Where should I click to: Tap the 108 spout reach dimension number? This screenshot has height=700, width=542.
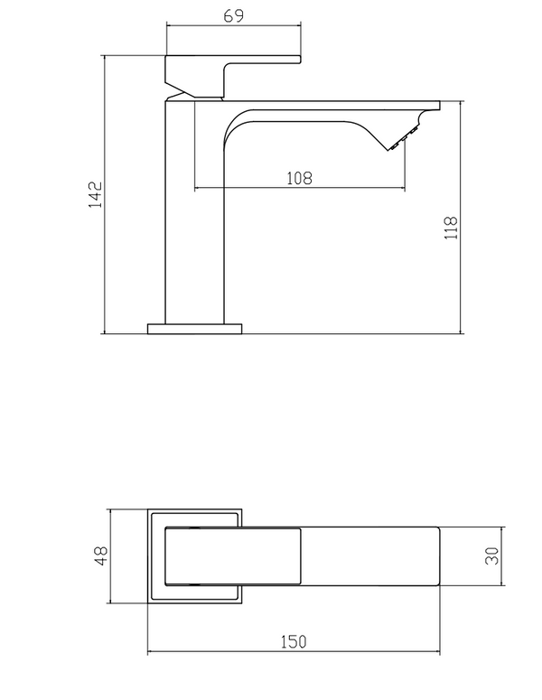[x=299, y=178]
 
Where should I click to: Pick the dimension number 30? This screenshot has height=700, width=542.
[x=492, y=555]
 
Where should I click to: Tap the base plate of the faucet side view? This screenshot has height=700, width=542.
[x=196, y=327]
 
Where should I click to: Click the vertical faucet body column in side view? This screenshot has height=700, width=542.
[x=192, y=217]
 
